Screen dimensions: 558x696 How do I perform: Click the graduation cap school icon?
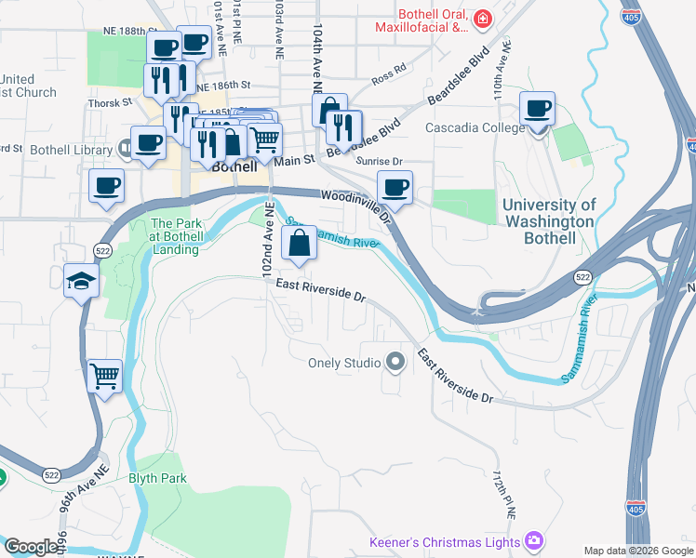point(81,280)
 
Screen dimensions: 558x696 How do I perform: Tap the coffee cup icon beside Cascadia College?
point(538,108)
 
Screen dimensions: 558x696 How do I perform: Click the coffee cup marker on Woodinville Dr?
point(395,188)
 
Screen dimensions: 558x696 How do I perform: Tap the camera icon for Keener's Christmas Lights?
point(534,540)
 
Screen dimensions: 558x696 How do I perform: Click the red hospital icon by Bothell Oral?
point(483,19)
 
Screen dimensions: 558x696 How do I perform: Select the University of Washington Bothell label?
point(548,221)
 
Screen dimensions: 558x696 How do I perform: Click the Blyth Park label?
point(159,478)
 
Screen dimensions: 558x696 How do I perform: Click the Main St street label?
point(296,160)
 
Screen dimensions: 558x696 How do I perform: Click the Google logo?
point(31,547)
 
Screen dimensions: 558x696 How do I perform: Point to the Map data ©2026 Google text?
point(637,551)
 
